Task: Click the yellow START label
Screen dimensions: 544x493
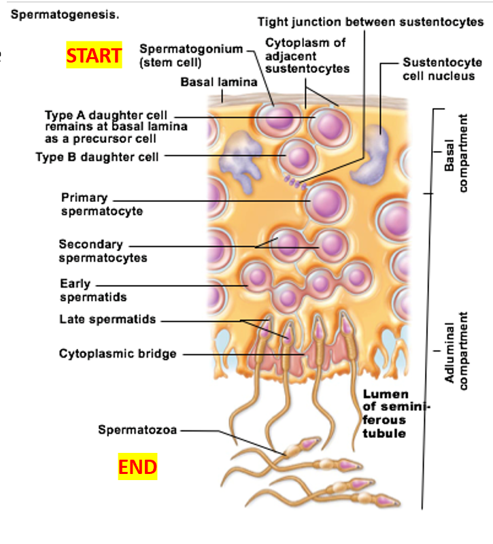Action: (x=94, y=56)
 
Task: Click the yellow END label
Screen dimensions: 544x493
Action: (x=137, y=467)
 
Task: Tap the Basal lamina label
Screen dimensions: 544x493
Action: (x=218, y=82)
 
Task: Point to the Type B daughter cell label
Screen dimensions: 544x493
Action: (x=97, y=157)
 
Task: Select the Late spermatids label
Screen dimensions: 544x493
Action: (x=107, y=319)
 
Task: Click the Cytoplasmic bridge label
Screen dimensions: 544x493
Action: (x=118, y=354)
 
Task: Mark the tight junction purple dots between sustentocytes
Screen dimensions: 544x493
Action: (x=295, y=182)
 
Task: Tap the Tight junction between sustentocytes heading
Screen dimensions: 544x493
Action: (x=371, y=22)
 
